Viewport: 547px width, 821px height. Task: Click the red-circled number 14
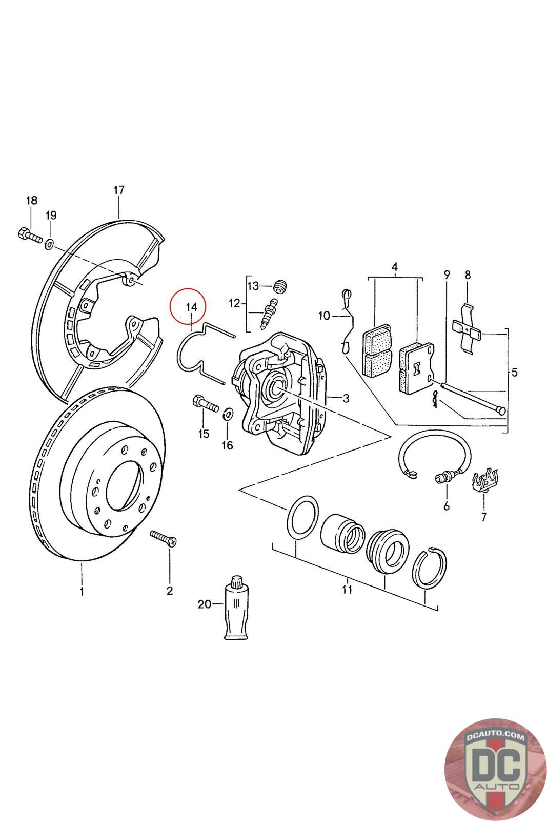192,307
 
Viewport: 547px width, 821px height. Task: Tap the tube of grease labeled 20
236,608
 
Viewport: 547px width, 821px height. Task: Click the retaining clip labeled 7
484,481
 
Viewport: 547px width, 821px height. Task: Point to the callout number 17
119,190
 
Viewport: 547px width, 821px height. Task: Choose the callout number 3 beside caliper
346,398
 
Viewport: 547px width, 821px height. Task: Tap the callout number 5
514,373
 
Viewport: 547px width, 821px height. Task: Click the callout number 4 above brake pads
394,266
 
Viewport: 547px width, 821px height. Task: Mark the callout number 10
324,316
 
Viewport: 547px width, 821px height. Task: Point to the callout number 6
447,506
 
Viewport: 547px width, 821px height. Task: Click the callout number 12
234,303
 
